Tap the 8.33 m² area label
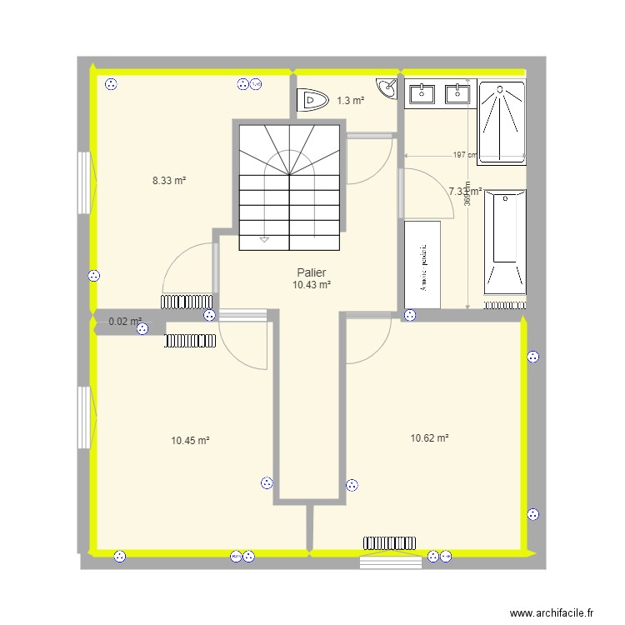tap(168, 180)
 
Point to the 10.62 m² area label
tap(430, 437)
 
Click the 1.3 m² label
tap(351, 101)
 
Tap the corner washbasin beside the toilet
tap(387, 87)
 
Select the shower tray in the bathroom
tap(502, 122)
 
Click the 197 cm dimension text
tap(464, 155)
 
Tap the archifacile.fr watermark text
tap(552, 612)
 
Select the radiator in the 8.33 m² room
tap(187, 302)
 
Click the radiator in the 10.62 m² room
tap(389, 542)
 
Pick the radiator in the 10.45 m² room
tap(191, 340)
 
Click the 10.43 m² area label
tap(312, 285)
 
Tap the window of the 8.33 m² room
tap(83, 182)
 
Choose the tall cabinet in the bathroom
tap(422, 265)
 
